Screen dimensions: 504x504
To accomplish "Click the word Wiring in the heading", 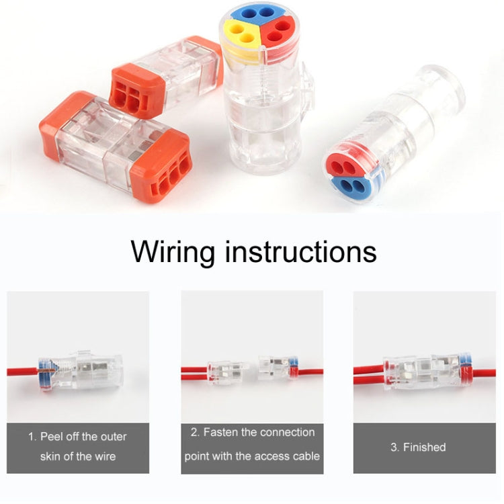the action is [x=173, y=252].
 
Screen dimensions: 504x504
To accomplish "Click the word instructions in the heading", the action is [x=300, y=251].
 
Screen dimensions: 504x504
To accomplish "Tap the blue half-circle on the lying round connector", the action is [x=351, y=185].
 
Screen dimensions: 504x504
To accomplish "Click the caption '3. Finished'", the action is [x=418, y=447].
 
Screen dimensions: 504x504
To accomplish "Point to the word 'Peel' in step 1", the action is [x=51, y=437].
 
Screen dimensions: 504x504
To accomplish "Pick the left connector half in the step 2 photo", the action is [x=228, y=373].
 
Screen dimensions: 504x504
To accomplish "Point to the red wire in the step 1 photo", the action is [x=23, y=372].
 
